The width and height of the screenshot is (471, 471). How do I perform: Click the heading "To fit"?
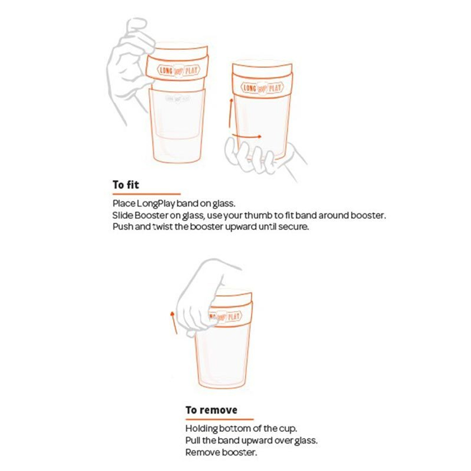pos(126,185)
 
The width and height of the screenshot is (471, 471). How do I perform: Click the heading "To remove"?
pos(211,410)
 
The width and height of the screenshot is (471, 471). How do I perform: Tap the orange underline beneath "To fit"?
pos(146,194)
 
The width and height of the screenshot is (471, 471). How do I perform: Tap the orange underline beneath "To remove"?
pos(219,419)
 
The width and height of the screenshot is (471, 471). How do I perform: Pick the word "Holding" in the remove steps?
pos(201,430)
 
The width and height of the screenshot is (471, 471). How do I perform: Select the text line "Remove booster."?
pos(221,452)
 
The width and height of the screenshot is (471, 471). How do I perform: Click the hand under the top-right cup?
pos(257,158)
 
